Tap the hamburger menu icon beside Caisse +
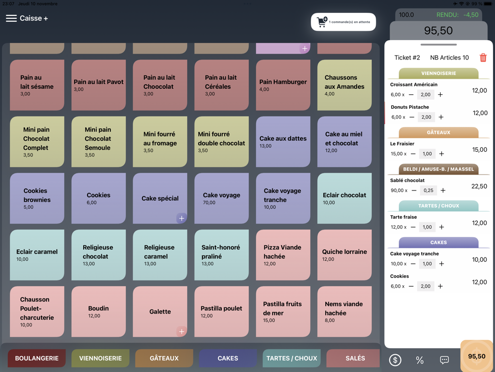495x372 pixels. (x=11, y=18)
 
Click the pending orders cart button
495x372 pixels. (x=343, y=22)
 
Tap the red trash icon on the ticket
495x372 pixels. (x=483, y=58)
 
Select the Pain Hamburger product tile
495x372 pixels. (x=283, y=85)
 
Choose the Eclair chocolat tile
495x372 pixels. (x=345, y=198)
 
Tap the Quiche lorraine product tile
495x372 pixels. (x=345, y=255)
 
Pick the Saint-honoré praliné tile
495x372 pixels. (x=221, y=255)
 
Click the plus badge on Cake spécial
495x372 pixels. (x=182, y=218)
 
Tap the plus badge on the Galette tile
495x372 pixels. (x=182, y=331)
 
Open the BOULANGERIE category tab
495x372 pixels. (x=37, y=358)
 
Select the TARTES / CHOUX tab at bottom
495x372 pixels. (x=292, y=358)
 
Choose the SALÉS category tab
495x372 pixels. (x=355, y=358)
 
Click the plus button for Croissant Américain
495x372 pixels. (x=440, y=95)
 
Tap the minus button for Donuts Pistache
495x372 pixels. (x=412, y=118)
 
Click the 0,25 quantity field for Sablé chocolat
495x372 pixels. (x=428, y=190)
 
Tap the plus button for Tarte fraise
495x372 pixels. (x=442, y=227)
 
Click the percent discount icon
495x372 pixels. (x=420, y=360)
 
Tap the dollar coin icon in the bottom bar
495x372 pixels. (x=395, y=360)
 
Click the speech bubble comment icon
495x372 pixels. (x=445, y=360)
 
